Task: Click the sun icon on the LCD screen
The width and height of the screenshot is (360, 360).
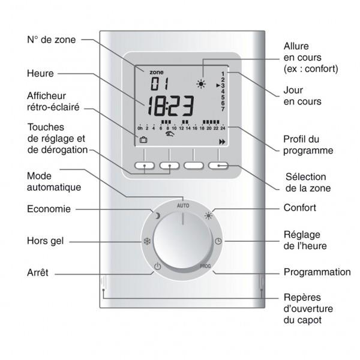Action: pos(201,84)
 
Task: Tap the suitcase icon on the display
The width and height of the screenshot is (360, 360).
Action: pos(143,140)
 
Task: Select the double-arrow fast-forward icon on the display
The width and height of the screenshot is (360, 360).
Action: pos(222,142)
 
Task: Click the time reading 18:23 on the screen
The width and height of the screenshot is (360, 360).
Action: pos(170,106)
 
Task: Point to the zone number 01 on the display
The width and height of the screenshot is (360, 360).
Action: pos(160,83)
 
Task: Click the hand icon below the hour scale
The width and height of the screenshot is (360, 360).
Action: pos(170,134)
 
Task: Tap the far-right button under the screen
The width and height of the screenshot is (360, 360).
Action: pos(218,166)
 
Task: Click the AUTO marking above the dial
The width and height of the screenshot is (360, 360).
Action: pos(183,205)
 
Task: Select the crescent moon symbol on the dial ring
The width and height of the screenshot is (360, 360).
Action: pos(157,216)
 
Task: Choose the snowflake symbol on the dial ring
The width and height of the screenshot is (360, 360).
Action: pos(147,241)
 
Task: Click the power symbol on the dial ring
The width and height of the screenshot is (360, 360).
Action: pos(157,266)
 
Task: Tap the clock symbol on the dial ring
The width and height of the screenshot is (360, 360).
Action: pos(218,241)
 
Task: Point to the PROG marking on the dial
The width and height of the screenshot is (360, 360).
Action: pos(205,266)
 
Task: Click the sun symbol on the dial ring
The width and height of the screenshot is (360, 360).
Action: pos(209,216)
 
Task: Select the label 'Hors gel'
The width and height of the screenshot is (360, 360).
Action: pos(45,241)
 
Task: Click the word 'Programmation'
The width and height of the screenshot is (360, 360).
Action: pos(317,272)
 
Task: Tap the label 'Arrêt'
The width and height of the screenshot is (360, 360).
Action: pos(38,272)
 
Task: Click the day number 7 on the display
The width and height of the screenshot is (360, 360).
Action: pos(223,109)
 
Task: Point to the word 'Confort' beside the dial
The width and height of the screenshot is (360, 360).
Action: pos(300,208)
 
